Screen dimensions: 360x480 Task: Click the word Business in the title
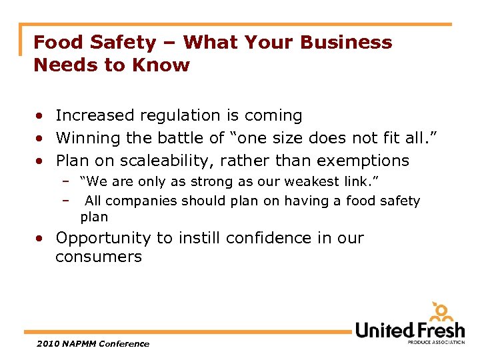tap(347, 42)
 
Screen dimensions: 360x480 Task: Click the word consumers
tap(99, 257)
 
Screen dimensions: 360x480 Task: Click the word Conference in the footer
tap(125, 344)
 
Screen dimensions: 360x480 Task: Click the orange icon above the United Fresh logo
tap(441, 312)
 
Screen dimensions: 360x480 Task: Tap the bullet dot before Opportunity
tap(41, 239)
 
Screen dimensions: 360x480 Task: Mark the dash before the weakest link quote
tap(67, 181)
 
